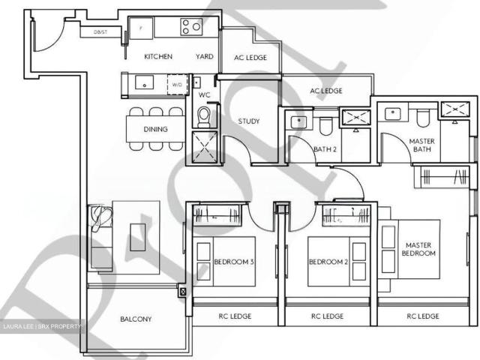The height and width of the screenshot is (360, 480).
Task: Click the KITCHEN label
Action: point(158,56)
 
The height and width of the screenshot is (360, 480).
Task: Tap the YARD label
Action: point(203,56)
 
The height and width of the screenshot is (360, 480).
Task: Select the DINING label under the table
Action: point(155,129)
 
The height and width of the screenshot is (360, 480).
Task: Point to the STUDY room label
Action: point(249,121)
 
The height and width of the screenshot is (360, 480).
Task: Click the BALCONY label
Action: point(136,319)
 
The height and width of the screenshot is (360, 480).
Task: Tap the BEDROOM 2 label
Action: point(329,262)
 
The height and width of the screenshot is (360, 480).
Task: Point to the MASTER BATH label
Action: point(422,145)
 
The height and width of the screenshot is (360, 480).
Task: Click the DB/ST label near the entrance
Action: point(100,32)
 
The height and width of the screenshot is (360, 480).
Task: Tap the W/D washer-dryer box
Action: point(177,85)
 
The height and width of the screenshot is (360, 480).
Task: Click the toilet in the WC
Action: point(203,115)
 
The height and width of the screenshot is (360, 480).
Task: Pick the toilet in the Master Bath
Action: point(423,118)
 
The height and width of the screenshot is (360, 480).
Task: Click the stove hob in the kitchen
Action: point(191,27)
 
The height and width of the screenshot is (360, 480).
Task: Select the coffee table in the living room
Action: point(136,234)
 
